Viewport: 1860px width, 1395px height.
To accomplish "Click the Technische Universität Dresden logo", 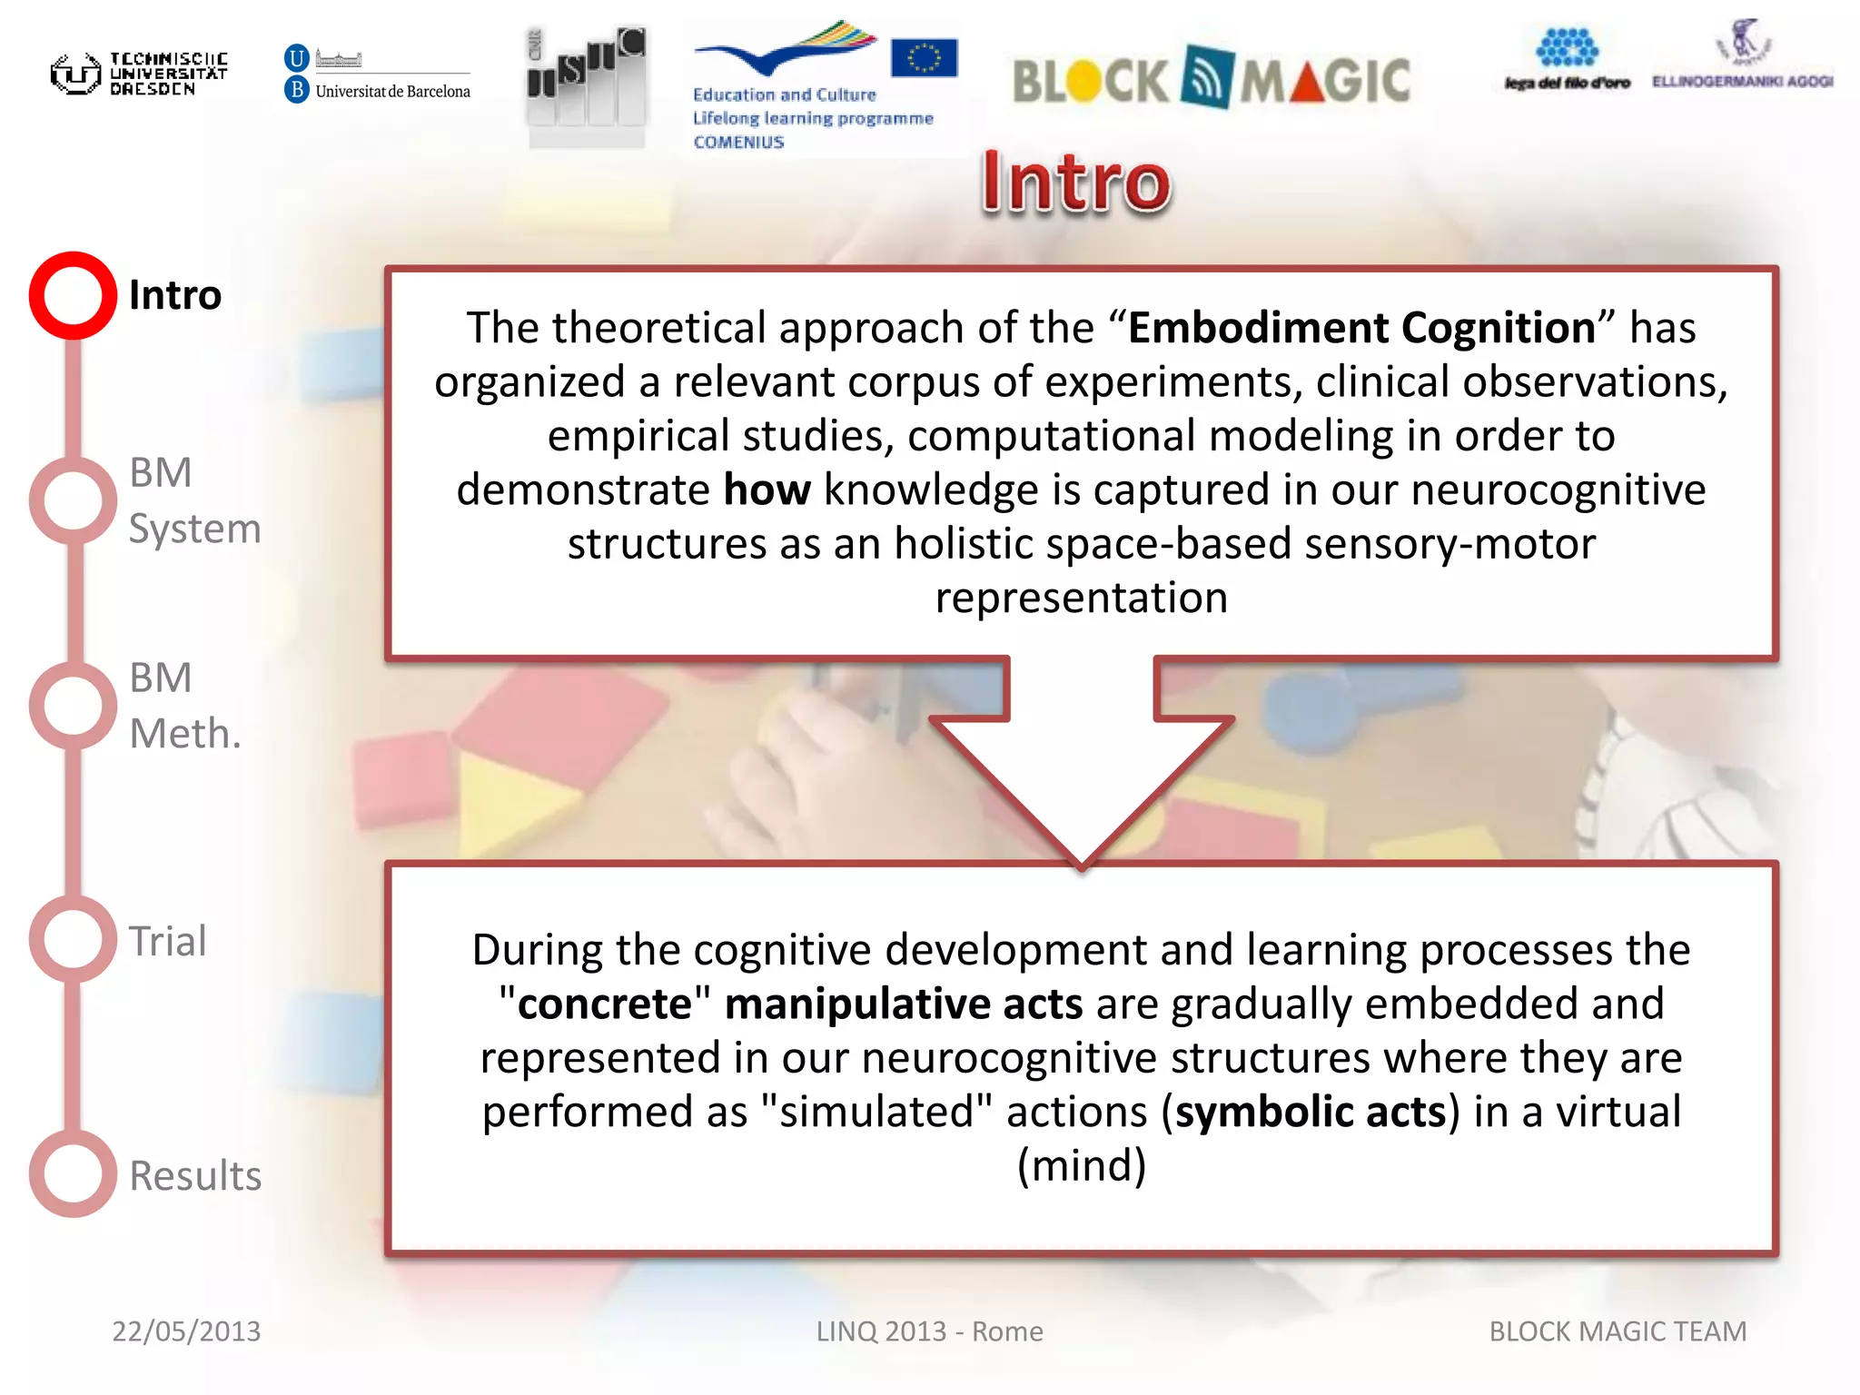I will [138, 73].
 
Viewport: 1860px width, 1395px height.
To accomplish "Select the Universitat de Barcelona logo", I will [377, 74].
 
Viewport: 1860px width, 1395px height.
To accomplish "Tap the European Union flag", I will [924, 58].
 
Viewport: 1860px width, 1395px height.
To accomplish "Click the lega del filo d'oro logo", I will [1567, 60].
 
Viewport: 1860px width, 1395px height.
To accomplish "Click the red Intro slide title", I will [1076, 183].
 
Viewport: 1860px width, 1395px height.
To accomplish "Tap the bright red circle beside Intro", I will [73, 295].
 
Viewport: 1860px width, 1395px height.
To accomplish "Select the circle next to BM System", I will [73, 500].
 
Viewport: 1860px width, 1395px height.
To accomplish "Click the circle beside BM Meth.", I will [73, 706].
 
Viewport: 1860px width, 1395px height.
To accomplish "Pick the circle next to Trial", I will [73, 939].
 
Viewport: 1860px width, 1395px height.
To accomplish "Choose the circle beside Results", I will [73, 1173].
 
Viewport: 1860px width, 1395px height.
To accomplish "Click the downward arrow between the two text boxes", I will [1081, 763].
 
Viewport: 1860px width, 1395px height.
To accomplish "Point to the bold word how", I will [767, 490].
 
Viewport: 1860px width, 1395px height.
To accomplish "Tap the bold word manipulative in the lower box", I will [856, 1004].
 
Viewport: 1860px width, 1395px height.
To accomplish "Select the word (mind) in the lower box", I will [1081, 1165].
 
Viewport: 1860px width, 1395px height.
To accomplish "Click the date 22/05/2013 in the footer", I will [186, 1331].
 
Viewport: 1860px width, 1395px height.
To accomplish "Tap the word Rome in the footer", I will [1007, 1331].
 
